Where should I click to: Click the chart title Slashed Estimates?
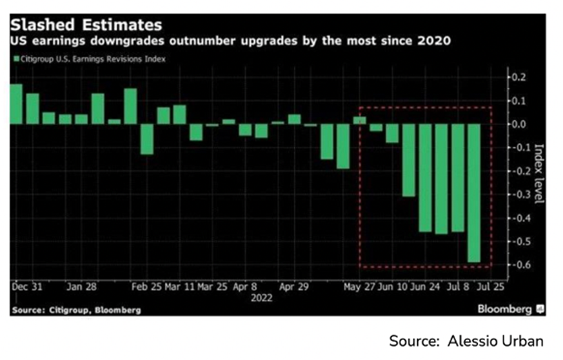tap(86, 26)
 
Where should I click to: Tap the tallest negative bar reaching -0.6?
tap(474, 194)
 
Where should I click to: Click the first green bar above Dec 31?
tap(16, 104)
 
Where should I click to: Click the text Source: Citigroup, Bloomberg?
tap(76, 310)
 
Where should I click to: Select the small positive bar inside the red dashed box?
tap(359, 120)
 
